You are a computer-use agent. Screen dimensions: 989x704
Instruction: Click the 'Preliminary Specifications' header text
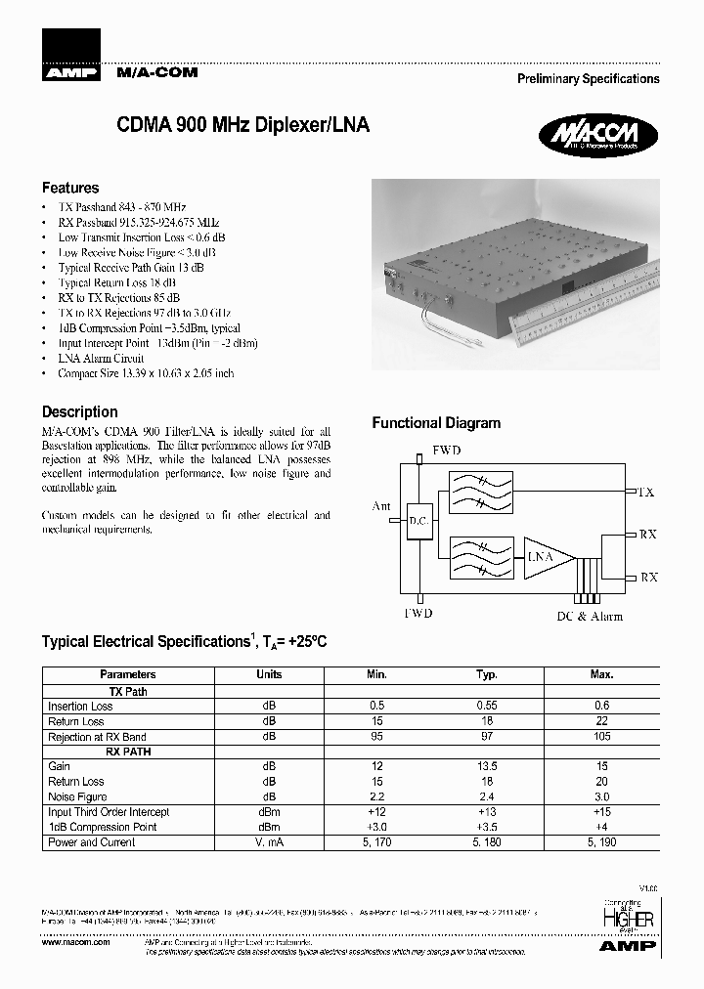coord(588,79)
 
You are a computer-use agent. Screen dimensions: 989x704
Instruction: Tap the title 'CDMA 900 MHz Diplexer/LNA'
coord(243,126)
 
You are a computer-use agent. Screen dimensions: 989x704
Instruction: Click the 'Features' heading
coord(70,188)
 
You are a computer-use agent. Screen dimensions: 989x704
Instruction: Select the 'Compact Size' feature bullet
coord(146,373)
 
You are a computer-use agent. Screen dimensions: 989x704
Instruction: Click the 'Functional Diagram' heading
coord(436,423)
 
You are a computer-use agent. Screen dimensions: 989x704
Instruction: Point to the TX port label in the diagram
coord(645,493)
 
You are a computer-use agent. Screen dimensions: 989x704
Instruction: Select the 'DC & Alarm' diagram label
coord(590,617)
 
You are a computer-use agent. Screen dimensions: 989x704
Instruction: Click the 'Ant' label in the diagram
coord(381,506)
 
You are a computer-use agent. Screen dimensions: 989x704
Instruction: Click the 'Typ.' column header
coord(486,674)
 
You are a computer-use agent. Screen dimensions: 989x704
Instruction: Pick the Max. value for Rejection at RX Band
coord(601,737)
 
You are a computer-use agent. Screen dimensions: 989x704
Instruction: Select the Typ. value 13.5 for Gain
coord(486,767)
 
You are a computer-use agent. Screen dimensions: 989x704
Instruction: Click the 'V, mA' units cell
coord(269,842)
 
